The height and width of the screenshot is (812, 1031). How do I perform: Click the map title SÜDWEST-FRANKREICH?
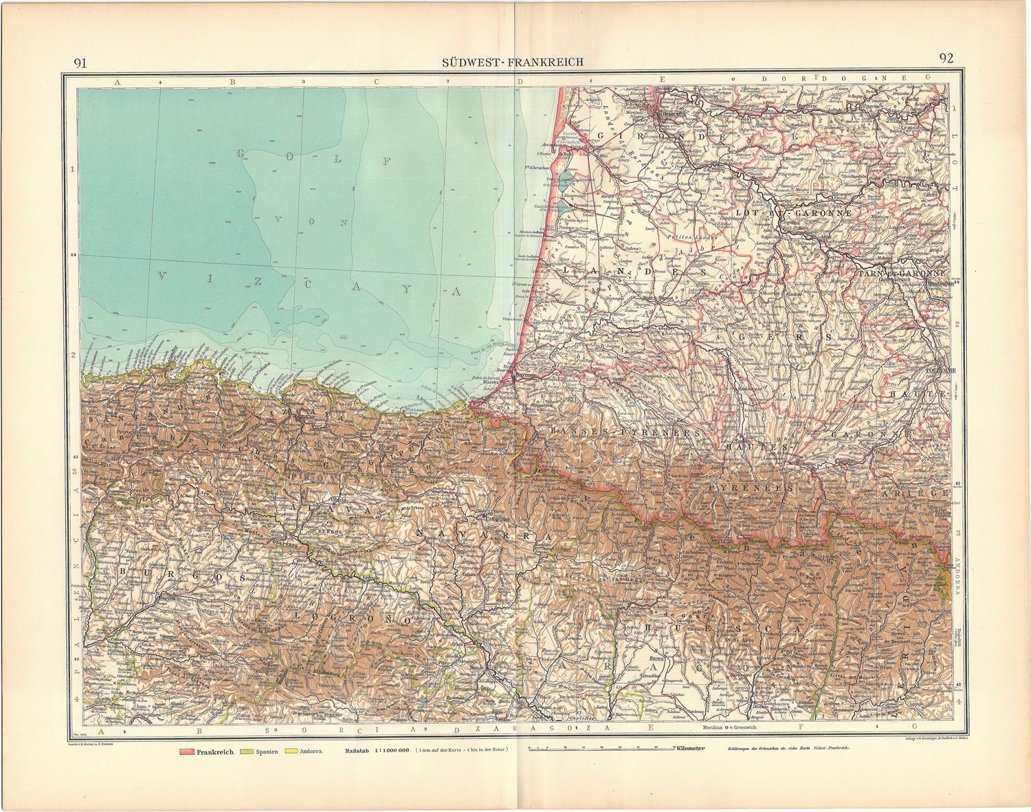(x=513, y=62)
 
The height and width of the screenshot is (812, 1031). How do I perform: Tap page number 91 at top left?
(x=80, y=63)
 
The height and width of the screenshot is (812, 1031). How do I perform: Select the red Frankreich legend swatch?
(x=187, y=752)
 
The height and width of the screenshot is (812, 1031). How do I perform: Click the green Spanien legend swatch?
(x=246, y=752)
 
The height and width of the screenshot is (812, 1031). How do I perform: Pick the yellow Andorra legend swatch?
(x=291, y=752)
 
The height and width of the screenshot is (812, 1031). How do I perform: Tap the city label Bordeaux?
(x=668, y=113)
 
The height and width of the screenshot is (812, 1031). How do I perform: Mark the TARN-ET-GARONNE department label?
(x=901, y=272)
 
